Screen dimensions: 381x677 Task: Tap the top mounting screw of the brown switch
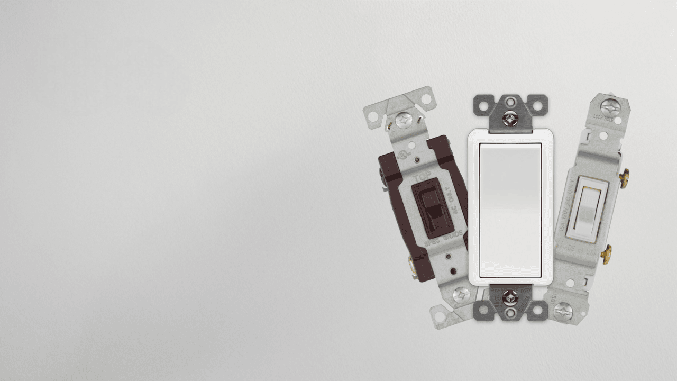[403, 120]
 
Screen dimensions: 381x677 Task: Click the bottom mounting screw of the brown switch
[461, 295]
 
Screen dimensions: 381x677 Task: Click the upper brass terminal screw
[624, 178]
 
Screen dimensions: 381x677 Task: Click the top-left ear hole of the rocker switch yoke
[483, 105]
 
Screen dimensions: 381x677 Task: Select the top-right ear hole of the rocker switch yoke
[537, 105]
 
